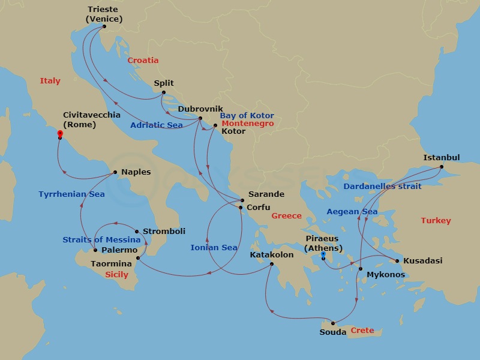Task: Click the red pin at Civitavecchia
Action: (60, 133)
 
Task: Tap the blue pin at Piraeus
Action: (323, 255)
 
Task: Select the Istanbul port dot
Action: (441, 167)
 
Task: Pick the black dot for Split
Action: (163, 92)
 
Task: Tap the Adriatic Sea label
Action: (157, 125)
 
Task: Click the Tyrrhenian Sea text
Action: (71, 194)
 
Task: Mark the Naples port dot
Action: (115, 173)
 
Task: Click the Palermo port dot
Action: (95, 250)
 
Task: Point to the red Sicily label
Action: (116, 275)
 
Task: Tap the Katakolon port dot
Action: (272, 264)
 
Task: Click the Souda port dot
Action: (333, 323)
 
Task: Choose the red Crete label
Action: (362, 331)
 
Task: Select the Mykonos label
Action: (386, 275)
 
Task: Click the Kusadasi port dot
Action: (397, 261)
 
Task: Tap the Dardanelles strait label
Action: (383, 186)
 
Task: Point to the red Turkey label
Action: (436, 221)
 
